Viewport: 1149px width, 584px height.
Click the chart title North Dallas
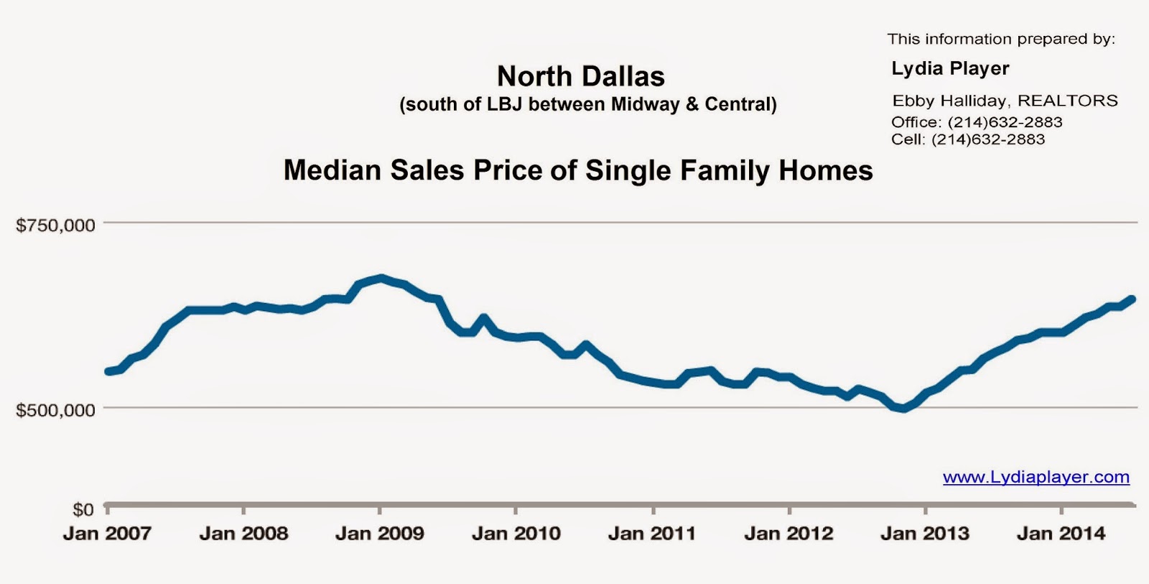pyautogui.click(x=580, y=76)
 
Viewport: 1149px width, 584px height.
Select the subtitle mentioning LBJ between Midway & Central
pyautogui.click(x=587, y=105)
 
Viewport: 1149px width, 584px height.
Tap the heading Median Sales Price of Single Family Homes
pyautogui.click(x=578, y=171)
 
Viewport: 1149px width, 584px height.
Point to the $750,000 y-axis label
pyautogui.click(x=56, y=226)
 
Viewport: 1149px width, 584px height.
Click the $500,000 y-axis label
pyautogui.click(x=56, y=410)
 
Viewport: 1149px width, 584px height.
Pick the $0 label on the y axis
pyautogui.click(x=83, y=509)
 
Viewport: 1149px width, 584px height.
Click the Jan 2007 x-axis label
pyautogui.click(x=107, y=534)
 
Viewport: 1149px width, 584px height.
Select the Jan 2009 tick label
pyautogui.click(x=379, y=534)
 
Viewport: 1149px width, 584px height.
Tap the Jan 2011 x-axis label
pyautogui.click(x=652, y=534)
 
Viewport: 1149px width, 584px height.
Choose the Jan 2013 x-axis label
pyautogui.click(x=925, y=534)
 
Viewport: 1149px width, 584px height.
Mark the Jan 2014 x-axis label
pyautogui.click(x=1061, y=534)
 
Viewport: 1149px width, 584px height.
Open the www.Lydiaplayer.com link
pyautogui.click(x=1036, y=477)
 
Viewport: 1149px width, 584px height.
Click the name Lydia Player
pyautogui.click(x=950, y=69)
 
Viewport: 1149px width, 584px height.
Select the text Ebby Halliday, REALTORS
pyautogui.click(x=1005, y=101)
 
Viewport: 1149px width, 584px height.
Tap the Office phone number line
pyautogui.click(x=977, y=122)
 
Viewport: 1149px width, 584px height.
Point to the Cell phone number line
pyautogui.click(x=968, y=139)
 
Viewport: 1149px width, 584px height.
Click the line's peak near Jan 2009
pyautogui.click(x=381, y=277)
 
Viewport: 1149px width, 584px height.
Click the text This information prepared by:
pyautogui.click(x=1000, y=40)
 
